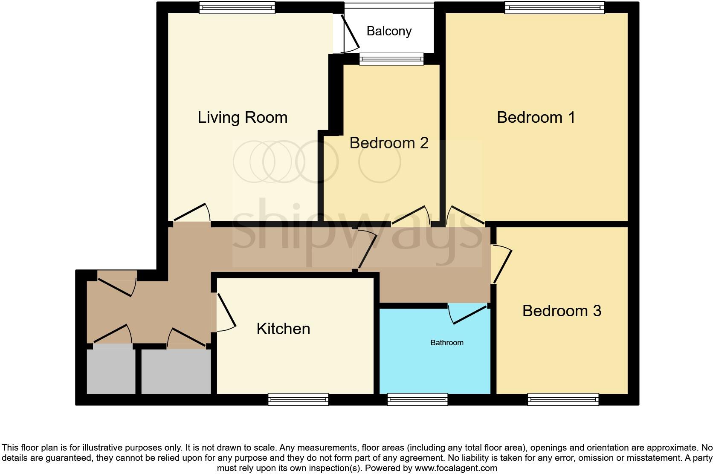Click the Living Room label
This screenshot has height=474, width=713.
(242, 118)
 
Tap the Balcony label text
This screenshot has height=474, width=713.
(389, 31)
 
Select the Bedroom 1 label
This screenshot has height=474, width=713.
(536, 117)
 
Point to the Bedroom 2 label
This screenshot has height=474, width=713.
(388, 143)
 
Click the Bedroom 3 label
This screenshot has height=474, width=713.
(562, 311)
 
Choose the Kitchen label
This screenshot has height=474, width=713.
(283, 329)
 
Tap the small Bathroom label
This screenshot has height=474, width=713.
(446, 343)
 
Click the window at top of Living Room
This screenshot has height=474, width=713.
(237, 8)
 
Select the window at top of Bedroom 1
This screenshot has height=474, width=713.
(554, 8)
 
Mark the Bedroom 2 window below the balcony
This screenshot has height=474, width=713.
(391, 59)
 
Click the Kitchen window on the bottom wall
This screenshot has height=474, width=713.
(298, 399)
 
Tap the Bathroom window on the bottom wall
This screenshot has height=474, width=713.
(417, 399)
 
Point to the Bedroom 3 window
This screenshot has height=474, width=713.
(563, 399)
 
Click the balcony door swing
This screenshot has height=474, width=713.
(351, 34)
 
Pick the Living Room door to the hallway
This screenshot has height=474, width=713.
(192, 212)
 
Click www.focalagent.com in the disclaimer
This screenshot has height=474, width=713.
(456, 468)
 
